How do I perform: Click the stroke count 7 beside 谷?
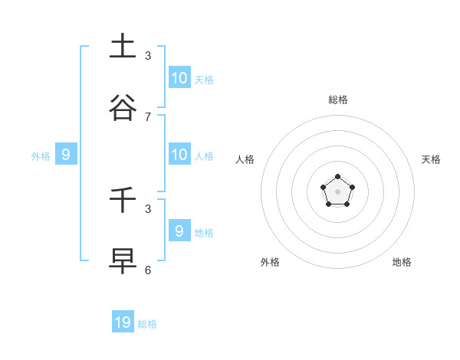tap(148, 116)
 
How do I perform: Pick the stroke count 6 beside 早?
tap(148, 270)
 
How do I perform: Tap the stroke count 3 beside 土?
tap(148, 55)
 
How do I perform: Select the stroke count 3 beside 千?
tap(148, 208)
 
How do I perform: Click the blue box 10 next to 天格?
tap(179, 77)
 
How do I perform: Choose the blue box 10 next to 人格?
tap(179, 155)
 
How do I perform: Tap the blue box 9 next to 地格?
tap(179, 231)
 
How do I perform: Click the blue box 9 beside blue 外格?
tap(66, 155)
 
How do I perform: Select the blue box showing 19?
tap(123, 322)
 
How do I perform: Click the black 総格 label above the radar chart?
tap(337, 100)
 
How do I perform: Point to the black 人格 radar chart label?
tap(245, 159)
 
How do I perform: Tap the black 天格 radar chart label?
tap(431, 159)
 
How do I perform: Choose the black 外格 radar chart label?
tap(270, 262)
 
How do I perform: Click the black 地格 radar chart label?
tap(402, 262)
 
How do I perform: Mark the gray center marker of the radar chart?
tap(337, 191)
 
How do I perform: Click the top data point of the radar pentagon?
tap(337, 177)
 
